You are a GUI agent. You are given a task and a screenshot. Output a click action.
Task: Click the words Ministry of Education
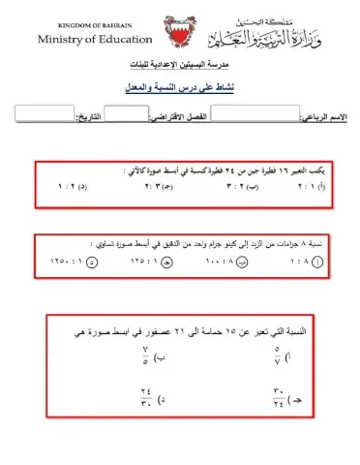[95, 40]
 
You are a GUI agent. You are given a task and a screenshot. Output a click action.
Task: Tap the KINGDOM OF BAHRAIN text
[95, 21]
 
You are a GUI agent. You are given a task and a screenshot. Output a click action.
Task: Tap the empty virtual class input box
[125, 113]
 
